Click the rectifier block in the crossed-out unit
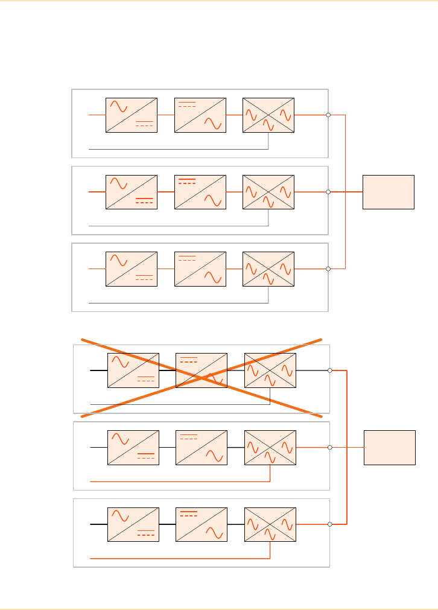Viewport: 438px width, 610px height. click(x=133, y=370)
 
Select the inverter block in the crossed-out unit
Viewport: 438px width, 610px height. click(x=202, y=370)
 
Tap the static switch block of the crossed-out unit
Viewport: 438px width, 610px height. click(x=270, y=370)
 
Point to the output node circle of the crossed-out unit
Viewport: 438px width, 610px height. click(x=330, y=370)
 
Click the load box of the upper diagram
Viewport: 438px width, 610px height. click(x=389, y=192)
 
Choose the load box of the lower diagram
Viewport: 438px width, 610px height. click(x=390, y=447)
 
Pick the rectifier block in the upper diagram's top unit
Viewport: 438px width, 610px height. click(x=131, y=115)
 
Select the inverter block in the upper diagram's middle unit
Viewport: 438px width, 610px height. click(x=200, y=192)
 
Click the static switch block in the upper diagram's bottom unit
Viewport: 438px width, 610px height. click(x=268, y=268)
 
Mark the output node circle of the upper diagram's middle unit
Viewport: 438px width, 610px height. click(x=328, y=192)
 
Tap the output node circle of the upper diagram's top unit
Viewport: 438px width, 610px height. click(x=328, y=115)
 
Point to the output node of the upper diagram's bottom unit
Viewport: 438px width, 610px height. click(x=328, y=268)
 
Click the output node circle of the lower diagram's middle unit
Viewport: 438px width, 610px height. click(x=330, y=447)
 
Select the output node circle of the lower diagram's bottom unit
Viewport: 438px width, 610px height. click(x=330, y=524)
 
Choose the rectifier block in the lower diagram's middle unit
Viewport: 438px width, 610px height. click(x=133, y=447)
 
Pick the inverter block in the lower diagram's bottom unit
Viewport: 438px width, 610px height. click(x=202, y=524)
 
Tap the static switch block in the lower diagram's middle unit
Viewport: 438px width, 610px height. click(x=270, y=447)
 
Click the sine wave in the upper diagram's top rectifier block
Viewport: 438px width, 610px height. click(x=119, y=107)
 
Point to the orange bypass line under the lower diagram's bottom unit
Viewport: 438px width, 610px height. click(x=181, y=559)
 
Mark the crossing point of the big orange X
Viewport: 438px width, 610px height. click(x=202, y=378)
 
